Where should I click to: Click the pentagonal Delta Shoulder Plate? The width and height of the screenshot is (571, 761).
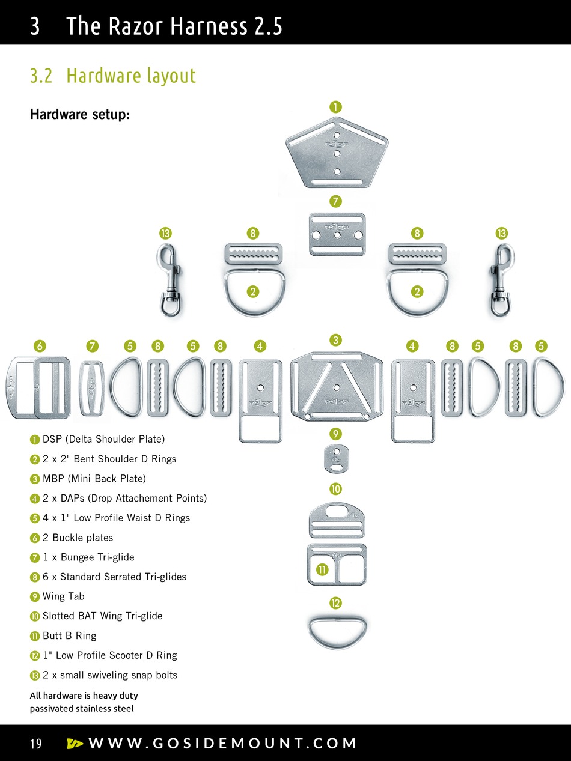click(337, 153)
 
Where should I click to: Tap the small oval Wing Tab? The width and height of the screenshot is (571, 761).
click(336, 459)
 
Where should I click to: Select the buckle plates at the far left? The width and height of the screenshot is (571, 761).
click(39, 387)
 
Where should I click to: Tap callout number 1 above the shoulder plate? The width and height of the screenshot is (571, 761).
click(335, 106)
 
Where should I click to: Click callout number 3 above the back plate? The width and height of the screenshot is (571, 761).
click(336, 339)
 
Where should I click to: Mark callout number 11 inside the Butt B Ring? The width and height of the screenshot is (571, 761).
click(322, 569)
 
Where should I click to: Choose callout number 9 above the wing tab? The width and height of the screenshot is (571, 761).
click(336, 433)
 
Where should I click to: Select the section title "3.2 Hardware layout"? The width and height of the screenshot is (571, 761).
click(113, 76)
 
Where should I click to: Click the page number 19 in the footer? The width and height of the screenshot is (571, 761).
click(36, 744)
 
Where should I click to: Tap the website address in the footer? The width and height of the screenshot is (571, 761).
click(222, 744)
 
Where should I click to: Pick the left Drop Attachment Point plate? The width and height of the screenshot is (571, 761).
click(260, 400)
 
